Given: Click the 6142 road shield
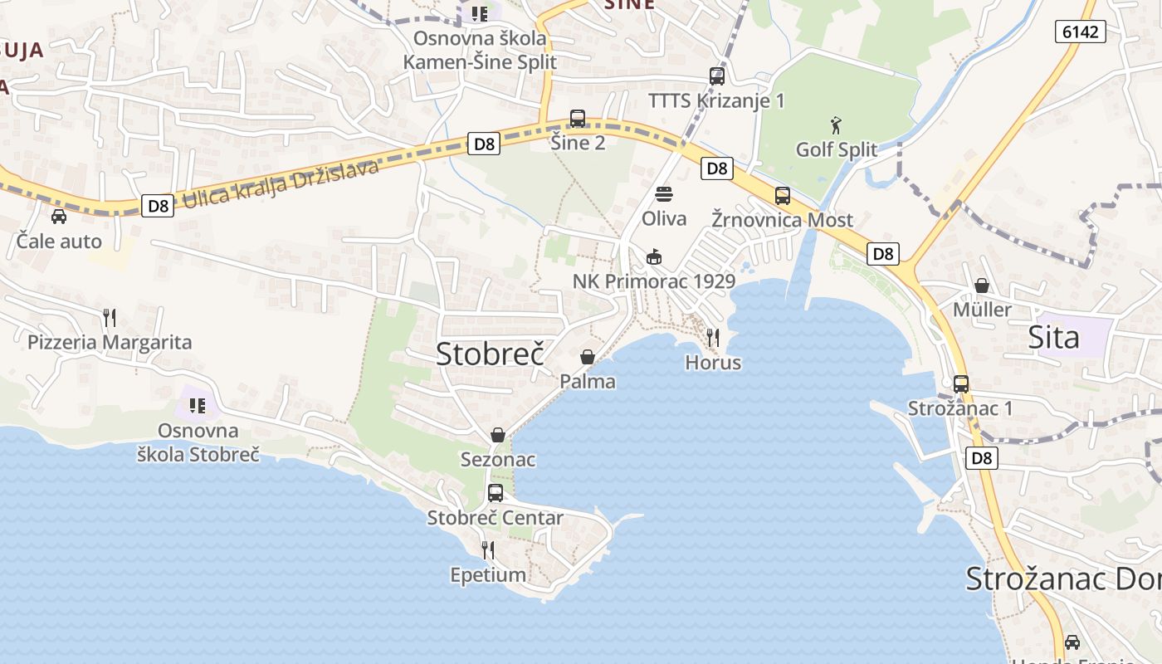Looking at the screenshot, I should click(x=1080, y=32).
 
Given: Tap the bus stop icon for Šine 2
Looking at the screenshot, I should click(x=578, y=119).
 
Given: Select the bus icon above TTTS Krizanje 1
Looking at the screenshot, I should click(x=717, y=76).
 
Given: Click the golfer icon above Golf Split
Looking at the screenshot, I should click(x=836, y=126).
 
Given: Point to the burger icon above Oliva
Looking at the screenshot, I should click(x=664, y=194).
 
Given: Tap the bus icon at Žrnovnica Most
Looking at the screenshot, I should click(x=783, y=196).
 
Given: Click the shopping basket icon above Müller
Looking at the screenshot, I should click(x=983, y=286).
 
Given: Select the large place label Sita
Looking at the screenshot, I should click(x=1054, y=338).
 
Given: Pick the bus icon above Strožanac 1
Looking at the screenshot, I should click(x=961, y=384).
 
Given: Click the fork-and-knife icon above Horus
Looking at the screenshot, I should click(x=713, y=338).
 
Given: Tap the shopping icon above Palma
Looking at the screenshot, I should click(x=588, y=357).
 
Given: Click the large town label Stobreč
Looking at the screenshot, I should click(x=490, y=354).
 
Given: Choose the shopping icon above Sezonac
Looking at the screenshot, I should click(x=498, y=435).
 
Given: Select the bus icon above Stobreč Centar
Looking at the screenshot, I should click(x=496, y=493).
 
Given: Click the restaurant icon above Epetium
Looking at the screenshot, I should click(x=488, y=549).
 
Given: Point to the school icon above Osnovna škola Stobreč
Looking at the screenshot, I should click(x=198, y=406).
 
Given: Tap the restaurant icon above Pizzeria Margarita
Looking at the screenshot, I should click(x=109, y=317).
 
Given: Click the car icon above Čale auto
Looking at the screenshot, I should click(x=59, y=217).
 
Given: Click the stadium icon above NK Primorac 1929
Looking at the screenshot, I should click(x=654, y=257).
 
